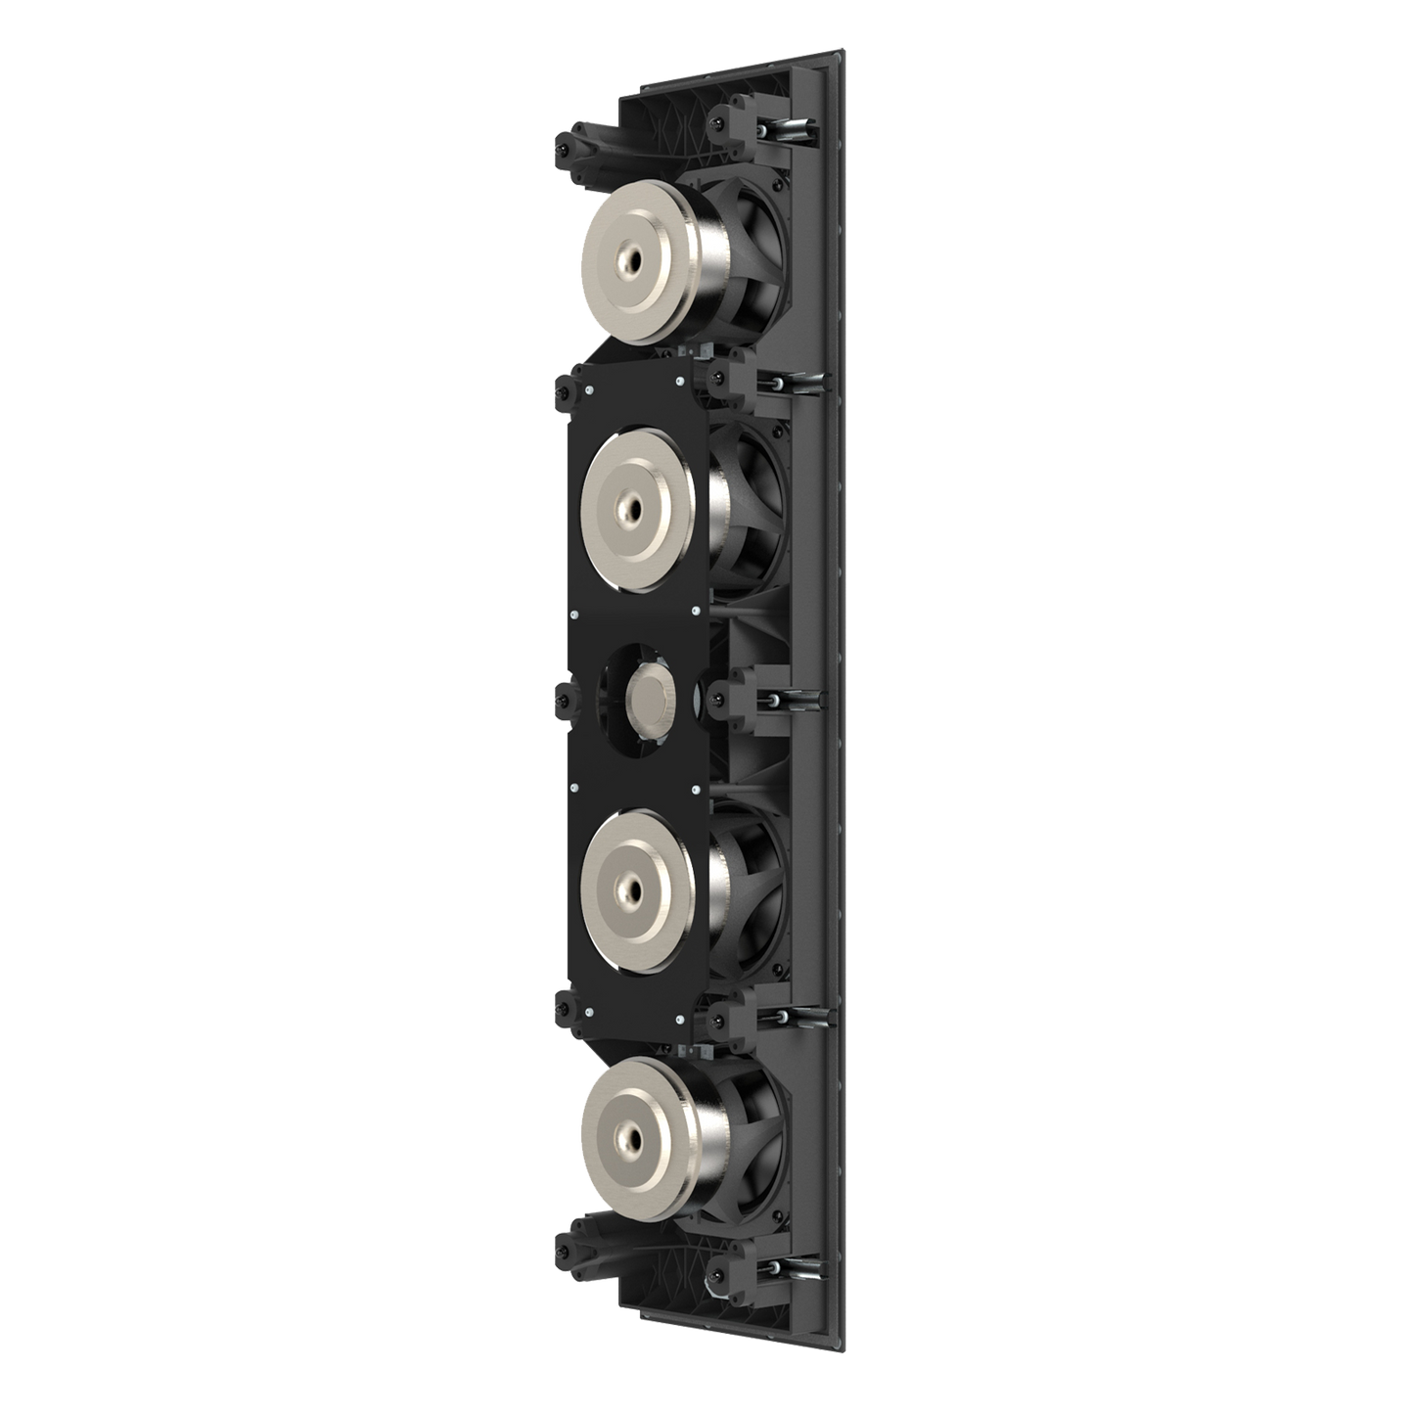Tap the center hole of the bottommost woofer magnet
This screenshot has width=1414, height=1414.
pos(623,1139)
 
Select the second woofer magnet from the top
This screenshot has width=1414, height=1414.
pos(636,499)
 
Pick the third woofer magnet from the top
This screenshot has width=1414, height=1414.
pos(636,881)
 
